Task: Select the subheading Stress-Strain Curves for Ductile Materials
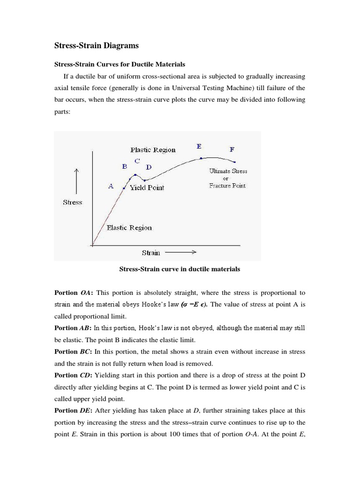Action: click(120, 64)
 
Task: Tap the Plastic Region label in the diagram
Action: click(153, 150)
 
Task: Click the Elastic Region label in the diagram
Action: click(129, 228)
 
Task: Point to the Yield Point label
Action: click(147, 187)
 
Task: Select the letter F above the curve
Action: click(232, 150)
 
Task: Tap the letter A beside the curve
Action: click(111, 186)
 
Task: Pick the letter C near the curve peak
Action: click(137, 161)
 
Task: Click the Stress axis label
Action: click(72, 202)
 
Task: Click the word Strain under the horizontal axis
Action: click(151, 253)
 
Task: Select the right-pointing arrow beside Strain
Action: click(180, 252)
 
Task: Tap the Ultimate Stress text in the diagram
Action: click(228, 171)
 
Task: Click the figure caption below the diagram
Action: click(180, 270)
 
